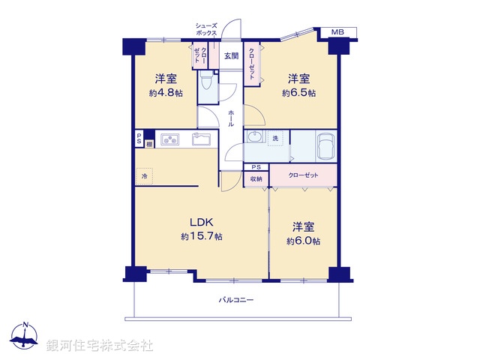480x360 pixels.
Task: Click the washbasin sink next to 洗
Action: click(256, 138)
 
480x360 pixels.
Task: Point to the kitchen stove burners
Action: click(169, 139)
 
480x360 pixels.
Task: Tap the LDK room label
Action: click(200, 223)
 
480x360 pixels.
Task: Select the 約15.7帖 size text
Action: click(200, 236)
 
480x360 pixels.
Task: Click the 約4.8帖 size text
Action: click(165, 93)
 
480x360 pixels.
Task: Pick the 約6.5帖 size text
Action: click(298, 93)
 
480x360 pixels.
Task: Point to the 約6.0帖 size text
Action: click(303, 241)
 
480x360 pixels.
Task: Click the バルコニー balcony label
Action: click(236, 300)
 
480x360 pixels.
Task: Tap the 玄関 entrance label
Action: click(230, 55)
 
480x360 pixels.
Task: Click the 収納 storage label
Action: click(256, 179)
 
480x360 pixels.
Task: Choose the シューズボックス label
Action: click(205, 29)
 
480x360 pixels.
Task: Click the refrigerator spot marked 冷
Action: click(145, 175)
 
